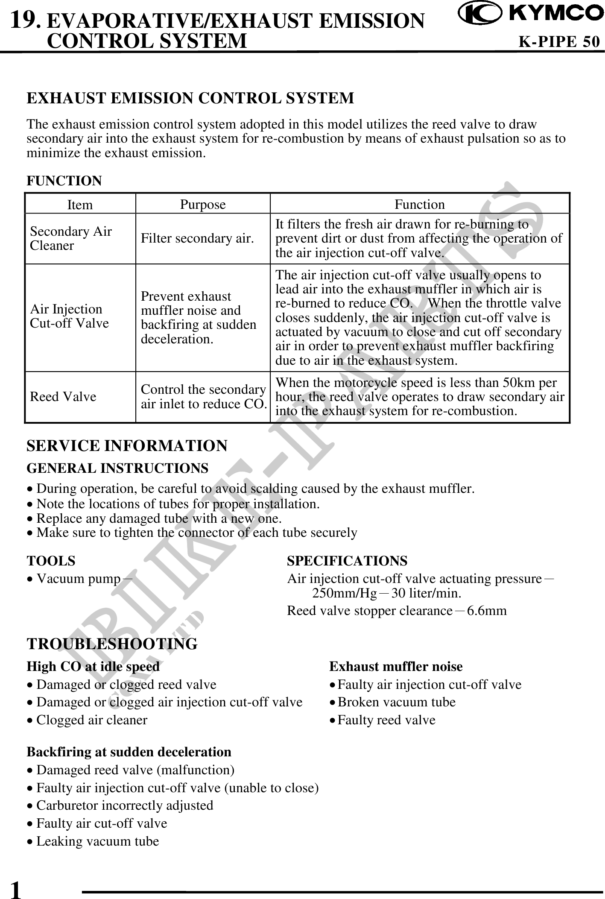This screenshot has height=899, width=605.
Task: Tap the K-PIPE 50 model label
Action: click(559, 42)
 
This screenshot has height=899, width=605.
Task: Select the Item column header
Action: click(80, 205)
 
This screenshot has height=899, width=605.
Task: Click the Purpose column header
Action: click(202, 205)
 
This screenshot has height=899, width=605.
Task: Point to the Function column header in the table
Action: click(419, 205)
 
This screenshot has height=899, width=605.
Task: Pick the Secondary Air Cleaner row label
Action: click(71, 238)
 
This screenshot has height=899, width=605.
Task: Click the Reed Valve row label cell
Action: click(63, 397)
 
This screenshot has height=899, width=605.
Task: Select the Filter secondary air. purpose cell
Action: click(198, 238)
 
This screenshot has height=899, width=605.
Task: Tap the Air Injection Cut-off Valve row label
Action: click(69, 316)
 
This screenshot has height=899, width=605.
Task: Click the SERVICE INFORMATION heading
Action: click(127, 446)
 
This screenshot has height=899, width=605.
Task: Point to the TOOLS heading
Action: click(51, 560)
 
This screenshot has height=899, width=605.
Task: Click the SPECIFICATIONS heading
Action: click(347, 560)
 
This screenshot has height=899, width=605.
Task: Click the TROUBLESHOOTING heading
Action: click(112, 644)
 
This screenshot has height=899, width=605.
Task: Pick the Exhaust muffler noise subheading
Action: click(396, 667)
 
